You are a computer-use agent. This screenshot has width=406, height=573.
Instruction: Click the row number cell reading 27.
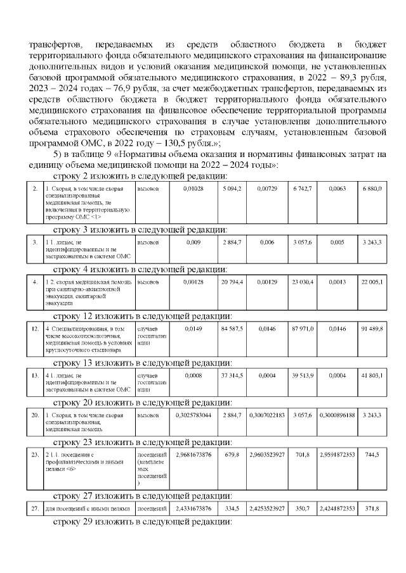click(35, 508)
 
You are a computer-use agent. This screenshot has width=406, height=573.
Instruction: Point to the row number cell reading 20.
click(35, 415)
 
